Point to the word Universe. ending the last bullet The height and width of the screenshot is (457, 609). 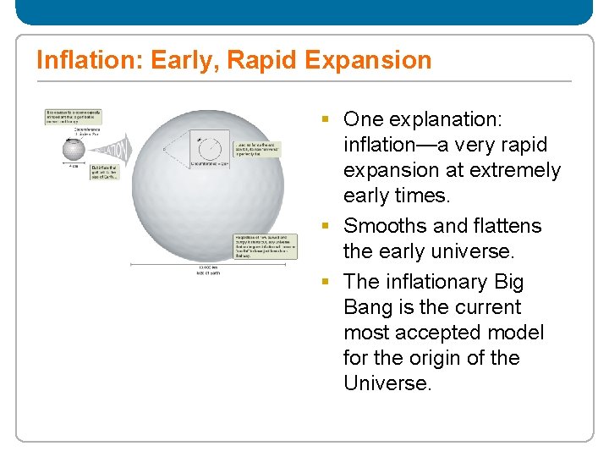[x=387, y=383]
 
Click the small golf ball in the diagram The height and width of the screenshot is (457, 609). [x=74, y=149]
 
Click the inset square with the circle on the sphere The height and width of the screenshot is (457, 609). [x=206, y=148]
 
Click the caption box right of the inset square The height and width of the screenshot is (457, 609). [x=260, y=150]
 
